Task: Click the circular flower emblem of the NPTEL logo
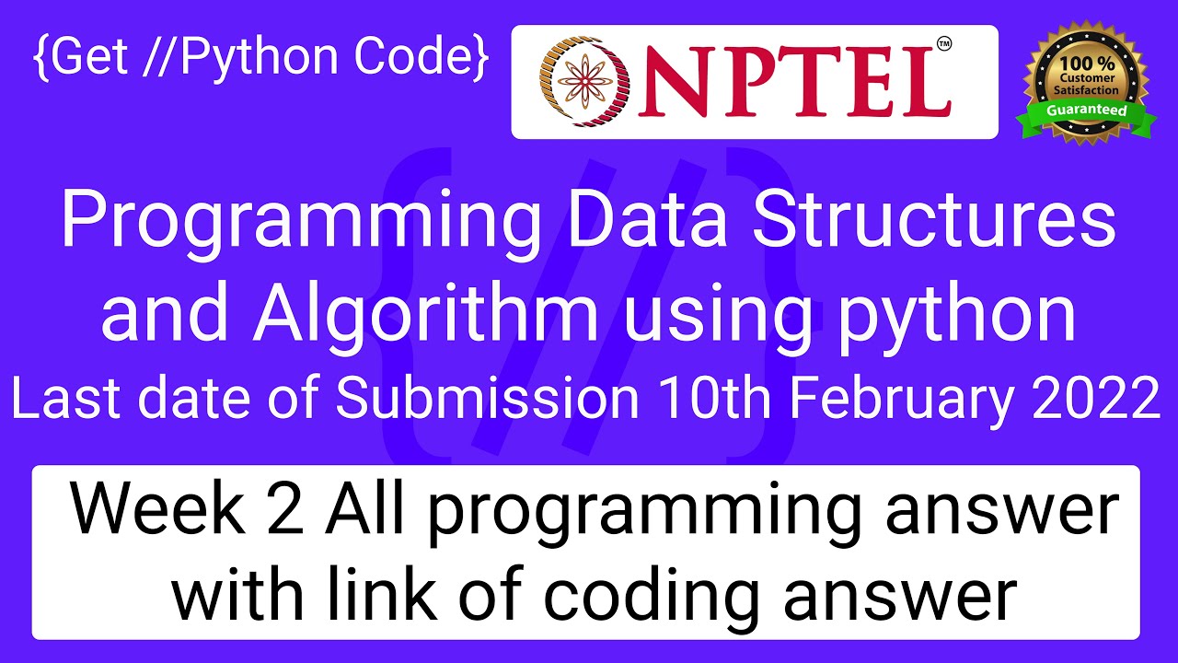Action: [584, 82]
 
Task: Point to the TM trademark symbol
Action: [944, 44]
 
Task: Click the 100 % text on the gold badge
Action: [1087, 64]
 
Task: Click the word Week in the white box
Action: [157, 507]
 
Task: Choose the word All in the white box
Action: [364, 507]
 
